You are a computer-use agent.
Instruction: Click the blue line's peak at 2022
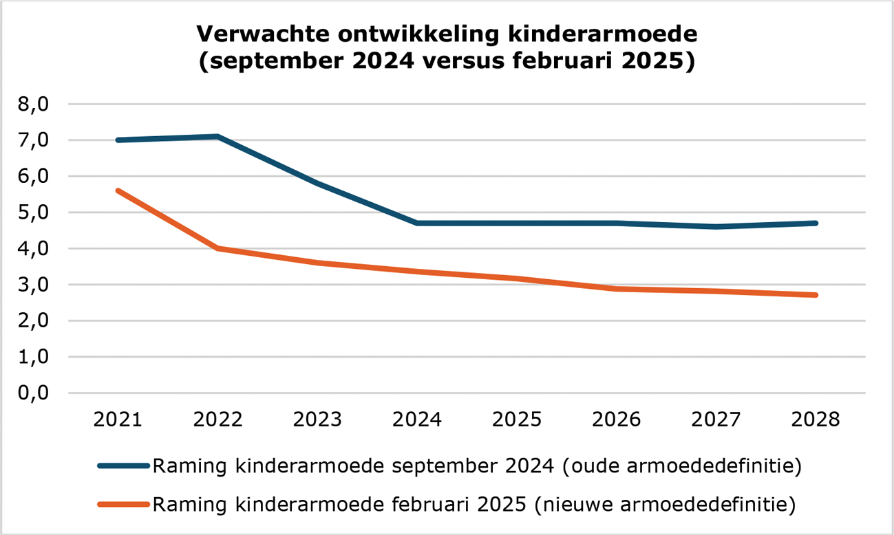coord(217,136)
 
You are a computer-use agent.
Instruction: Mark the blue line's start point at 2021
coord(118,140)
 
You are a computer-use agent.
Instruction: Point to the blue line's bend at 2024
coord(417,223)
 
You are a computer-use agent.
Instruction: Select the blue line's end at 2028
coord(816,223)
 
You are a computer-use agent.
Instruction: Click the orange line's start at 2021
coord(118,190)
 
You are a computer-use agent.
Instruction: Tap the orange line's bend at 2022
coord(217,248)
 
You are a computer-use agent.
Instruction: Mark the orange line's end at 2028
coord(816,295)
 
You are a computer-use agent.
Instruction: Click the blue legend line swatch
coord(124,466)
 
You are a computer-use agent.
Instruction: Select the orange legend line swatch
coord(124,505)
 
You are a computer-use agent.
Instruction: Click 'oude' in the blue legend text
coord(597,466)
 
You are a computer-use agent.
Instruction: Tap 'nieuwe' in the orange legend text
coord(577,505)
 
